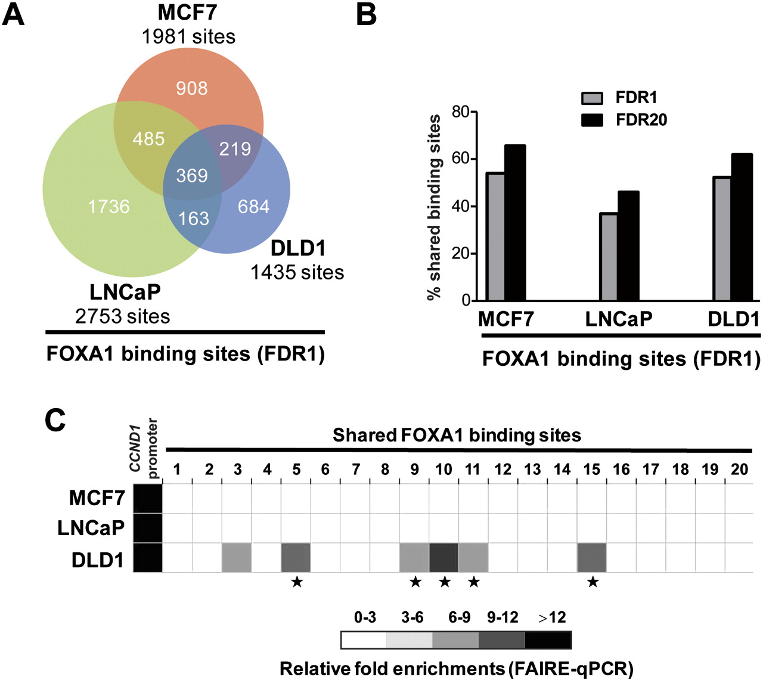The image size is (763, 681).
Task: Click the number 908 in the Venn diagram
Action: [x=191, y=88]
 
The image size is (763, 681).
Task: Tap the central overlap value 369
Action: [x=191, y=175]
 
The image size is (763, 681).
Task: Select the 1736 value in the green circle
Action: [x=108, y=206]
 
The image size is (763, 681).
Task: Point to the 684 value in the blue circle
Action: [x=253, y=206]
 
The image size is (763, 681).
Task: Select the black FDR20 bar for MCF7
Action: [x=514, y=223]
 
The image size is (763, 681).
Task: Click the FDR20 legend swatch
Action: [x=592, y=120]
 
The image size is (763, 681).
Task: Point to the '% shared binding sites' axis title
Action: [x=435, y=207]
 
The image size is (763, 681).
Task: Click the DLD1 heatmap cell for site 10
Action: [x=443, y=558]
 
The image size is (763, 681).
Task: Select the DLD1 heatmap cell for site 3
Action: [x=237, y=558]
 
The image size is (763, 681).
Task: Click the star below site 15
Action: [x=592, y=582]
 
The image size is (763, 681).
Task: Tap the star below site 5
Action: [x=296, y=582]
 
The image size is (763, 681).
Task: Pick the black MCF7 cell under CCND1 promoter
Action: [x=148, y=498]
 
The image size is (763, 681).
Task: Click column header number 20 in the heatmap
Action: [x=739, y=469]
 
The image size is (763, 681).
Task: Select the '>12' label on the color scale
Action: [x=552, y=617]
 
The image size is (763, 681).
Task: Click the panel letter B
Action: [x=366, y=14]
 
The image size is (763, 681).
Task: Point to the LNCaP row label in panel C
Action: [x=91, y=527]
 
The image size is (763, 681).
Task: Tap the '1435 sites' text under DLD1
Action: [x=297, y=272]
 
